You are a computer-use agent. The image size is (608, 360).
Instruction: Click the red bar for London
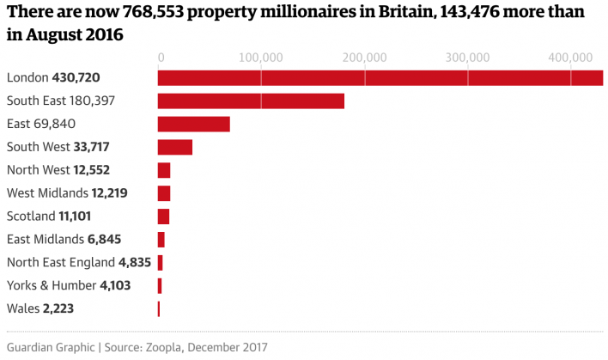tap(380, 78)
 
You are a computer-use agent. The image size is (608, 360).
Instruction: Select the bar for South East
tap(251, 101)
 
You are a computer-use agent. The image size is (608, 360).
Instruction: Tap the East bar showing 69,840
tap(194, 124)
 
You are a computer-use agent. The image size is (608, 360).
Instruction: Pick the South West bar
tap(175, 147)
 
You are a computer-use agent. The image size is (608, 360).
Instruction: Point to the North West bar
tap(164, 170)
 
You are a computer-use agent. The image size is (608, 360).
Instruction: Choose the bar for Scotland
tap(163, 217)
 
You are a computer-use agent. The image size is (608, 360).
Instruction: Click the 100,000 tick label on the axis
tap(261, 58)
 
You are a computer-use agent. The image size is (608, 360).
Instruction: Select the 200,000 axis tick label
tap(365, 58)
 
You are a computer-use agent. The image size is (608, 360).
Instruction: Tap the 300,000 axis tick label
tap(468, 58)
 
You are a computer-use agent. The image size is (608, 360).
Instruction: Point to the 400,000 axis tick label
tap(571, 58)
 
